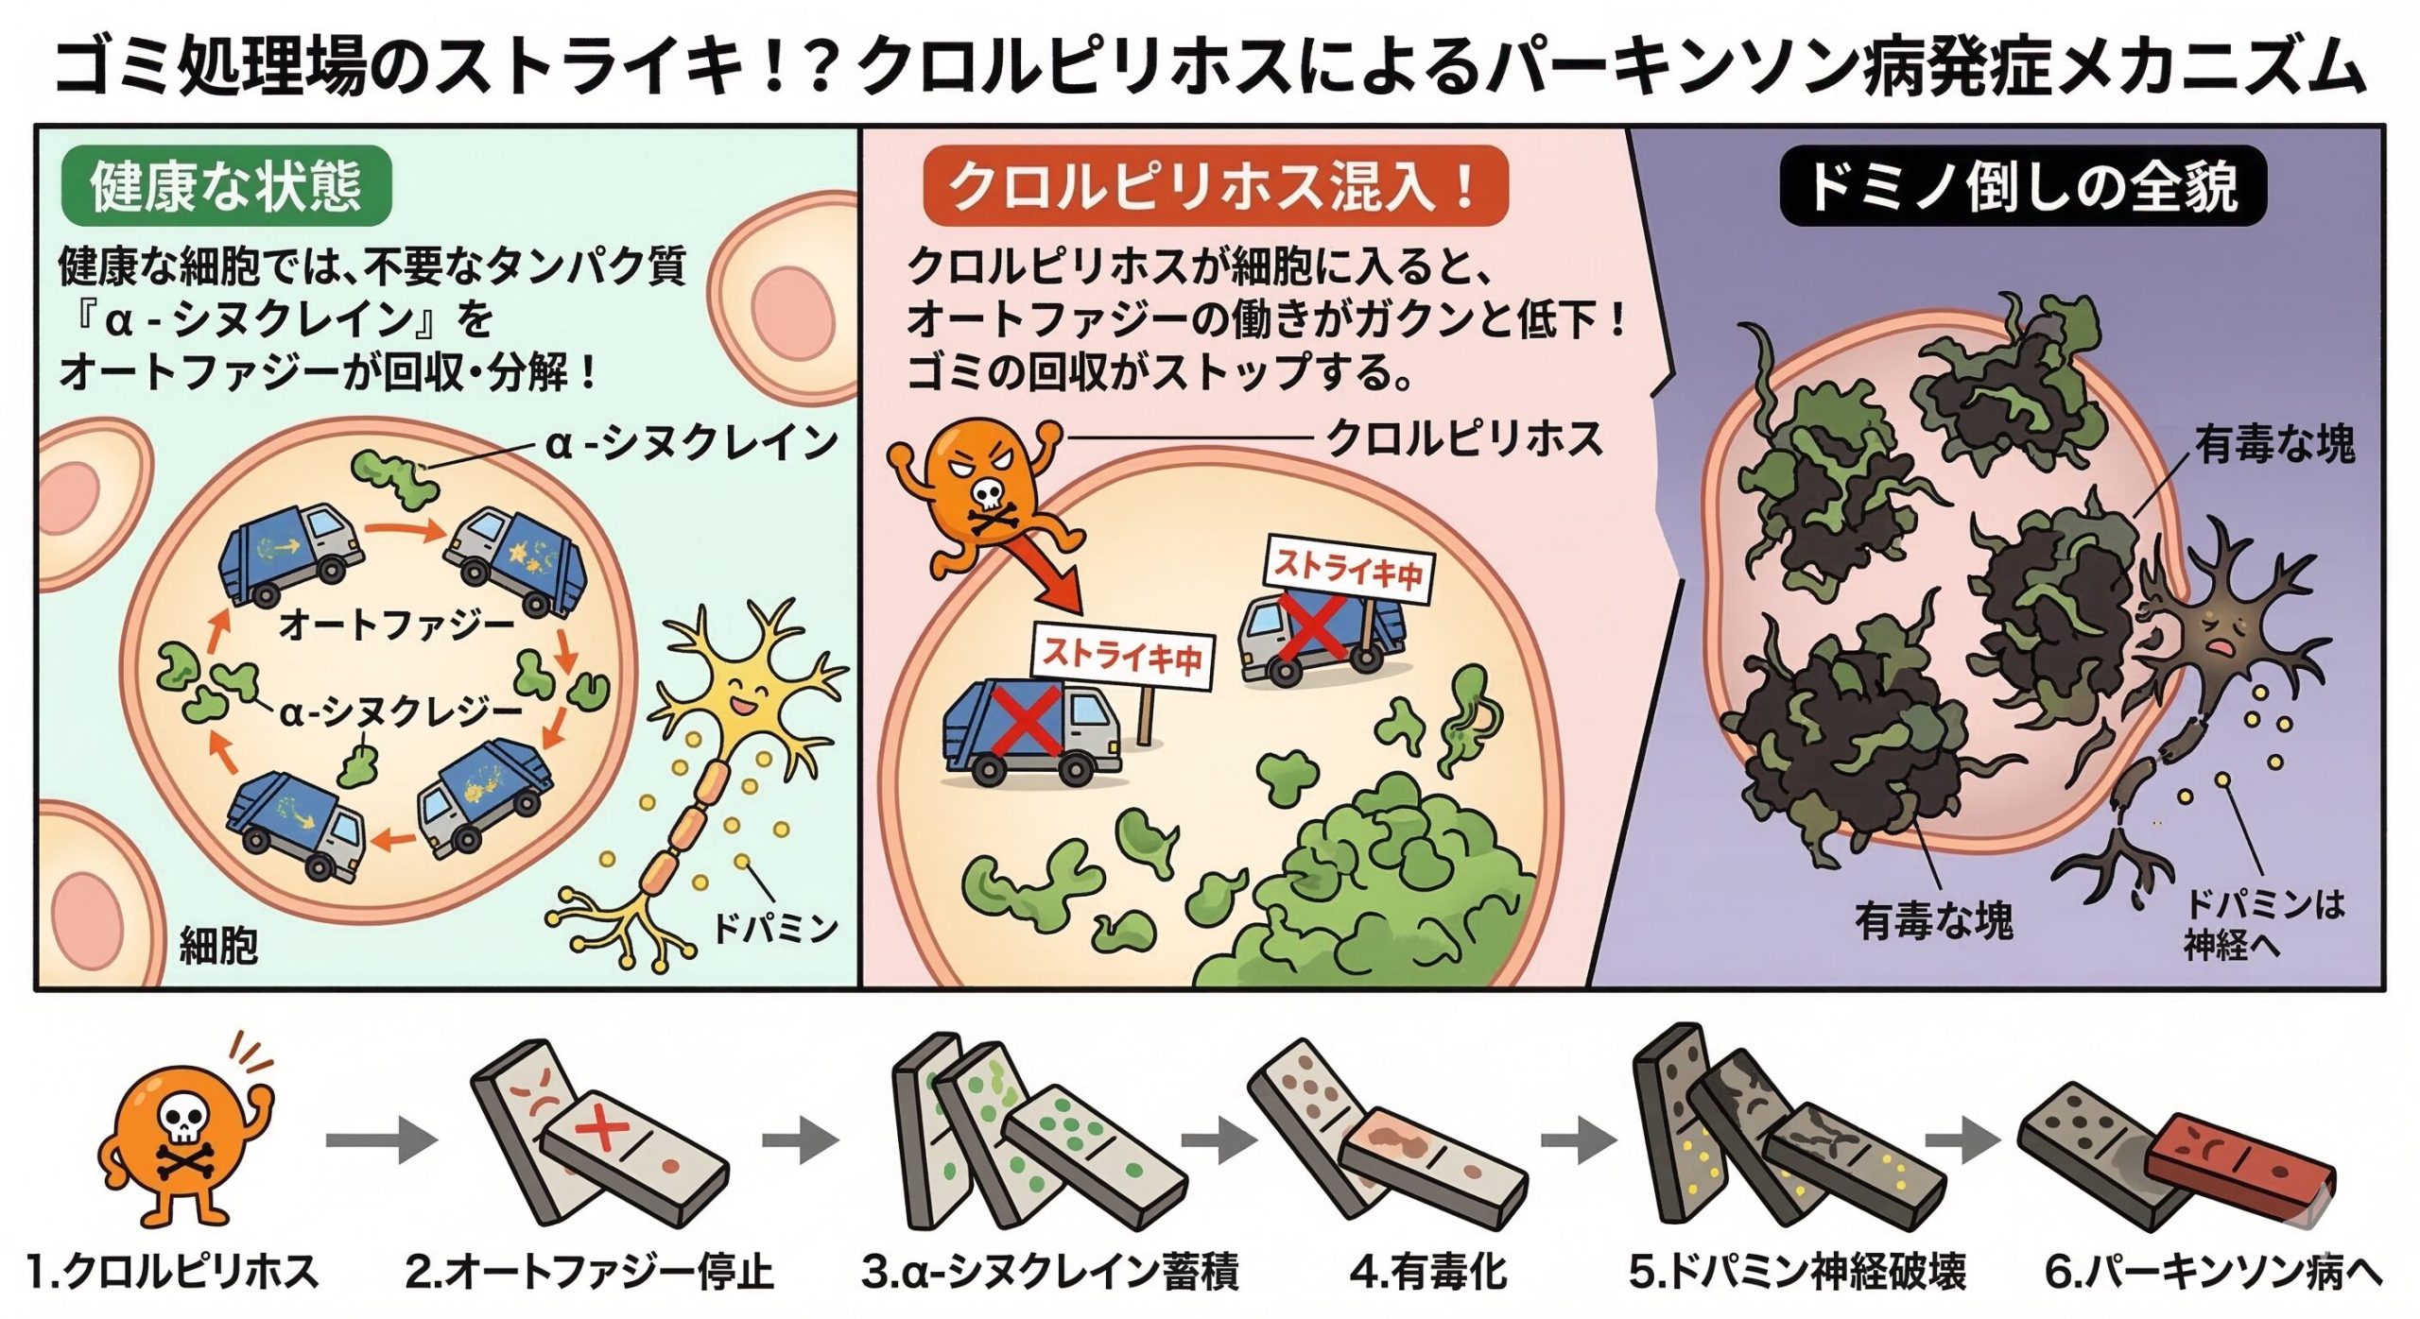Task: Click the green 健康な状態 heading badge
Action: click(x=226, y=186)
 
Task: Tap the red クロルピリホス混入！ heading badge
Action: click(x=1214, y=186)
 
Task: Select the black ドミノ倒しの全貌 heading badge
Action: click(x=2022, y=186)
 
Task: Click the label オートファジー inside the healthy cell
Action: click(x=396, y=625)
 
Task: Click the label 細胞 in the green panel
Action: click(x=218, y=945)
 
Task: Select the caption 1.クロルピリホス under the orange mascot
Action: click(x=172, y=1272)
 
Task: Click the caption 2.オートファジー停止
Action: click(x=589, y=1272)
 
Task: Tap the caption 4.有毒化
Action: click(x=1427, y=1272)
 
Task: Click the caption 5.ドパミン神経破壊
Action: click(x=1797, y=1272)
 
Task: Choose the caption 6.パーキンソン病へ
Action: click(x=2212, y=1272)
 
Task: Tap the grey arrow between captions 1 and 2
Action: click(x=380, y=1140)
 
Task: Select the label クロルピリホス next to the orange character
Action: click(x=1464, y=439)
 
